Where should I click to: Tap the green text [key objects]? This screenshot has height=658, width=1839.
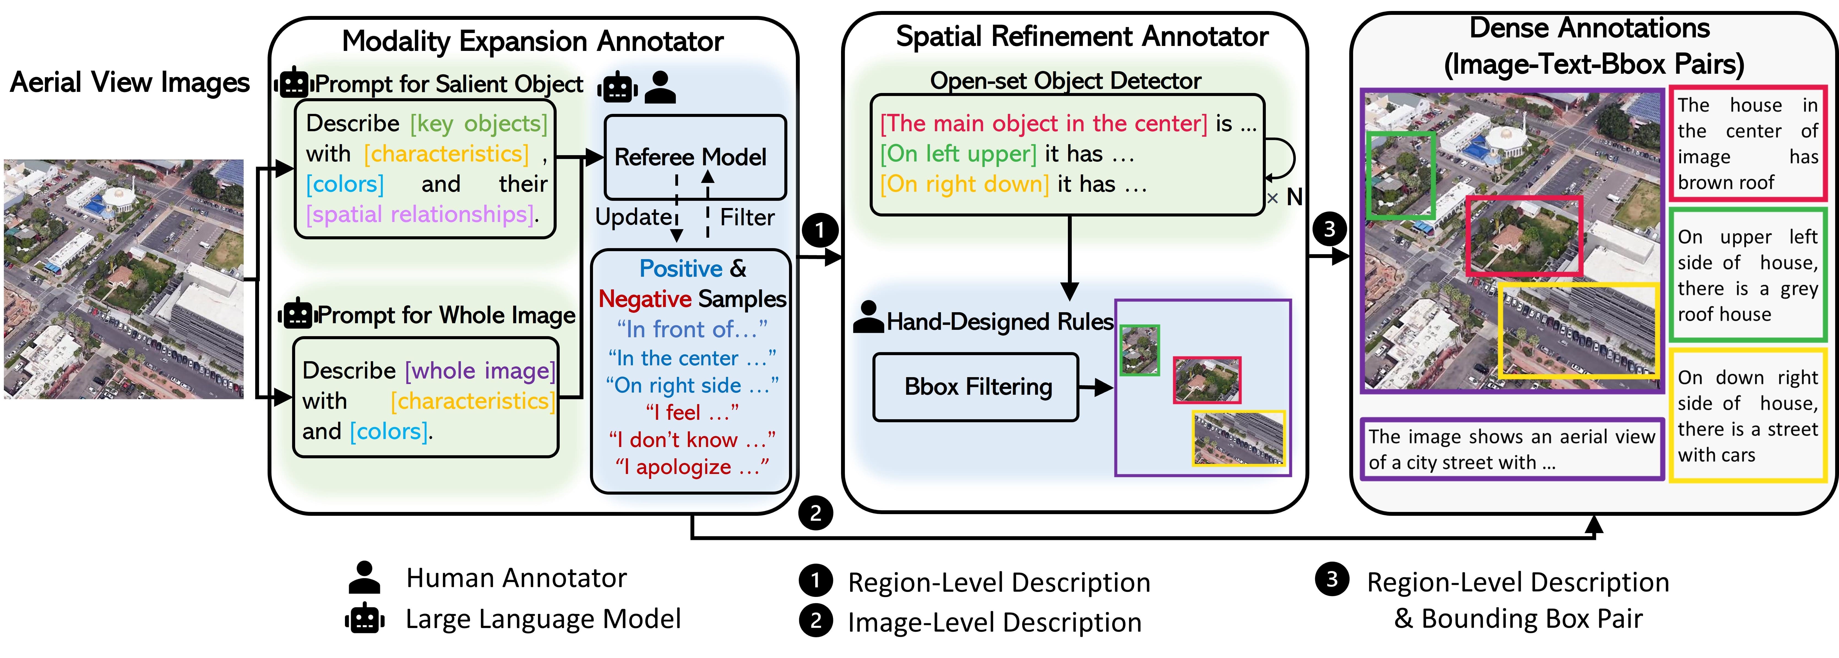tap(478, 124)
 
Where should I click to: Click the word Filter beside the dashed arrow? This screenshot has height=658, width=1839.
tap(747, 217)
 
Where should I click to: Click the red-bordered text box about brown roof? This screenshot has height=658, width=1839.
tap(1747, 143)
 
